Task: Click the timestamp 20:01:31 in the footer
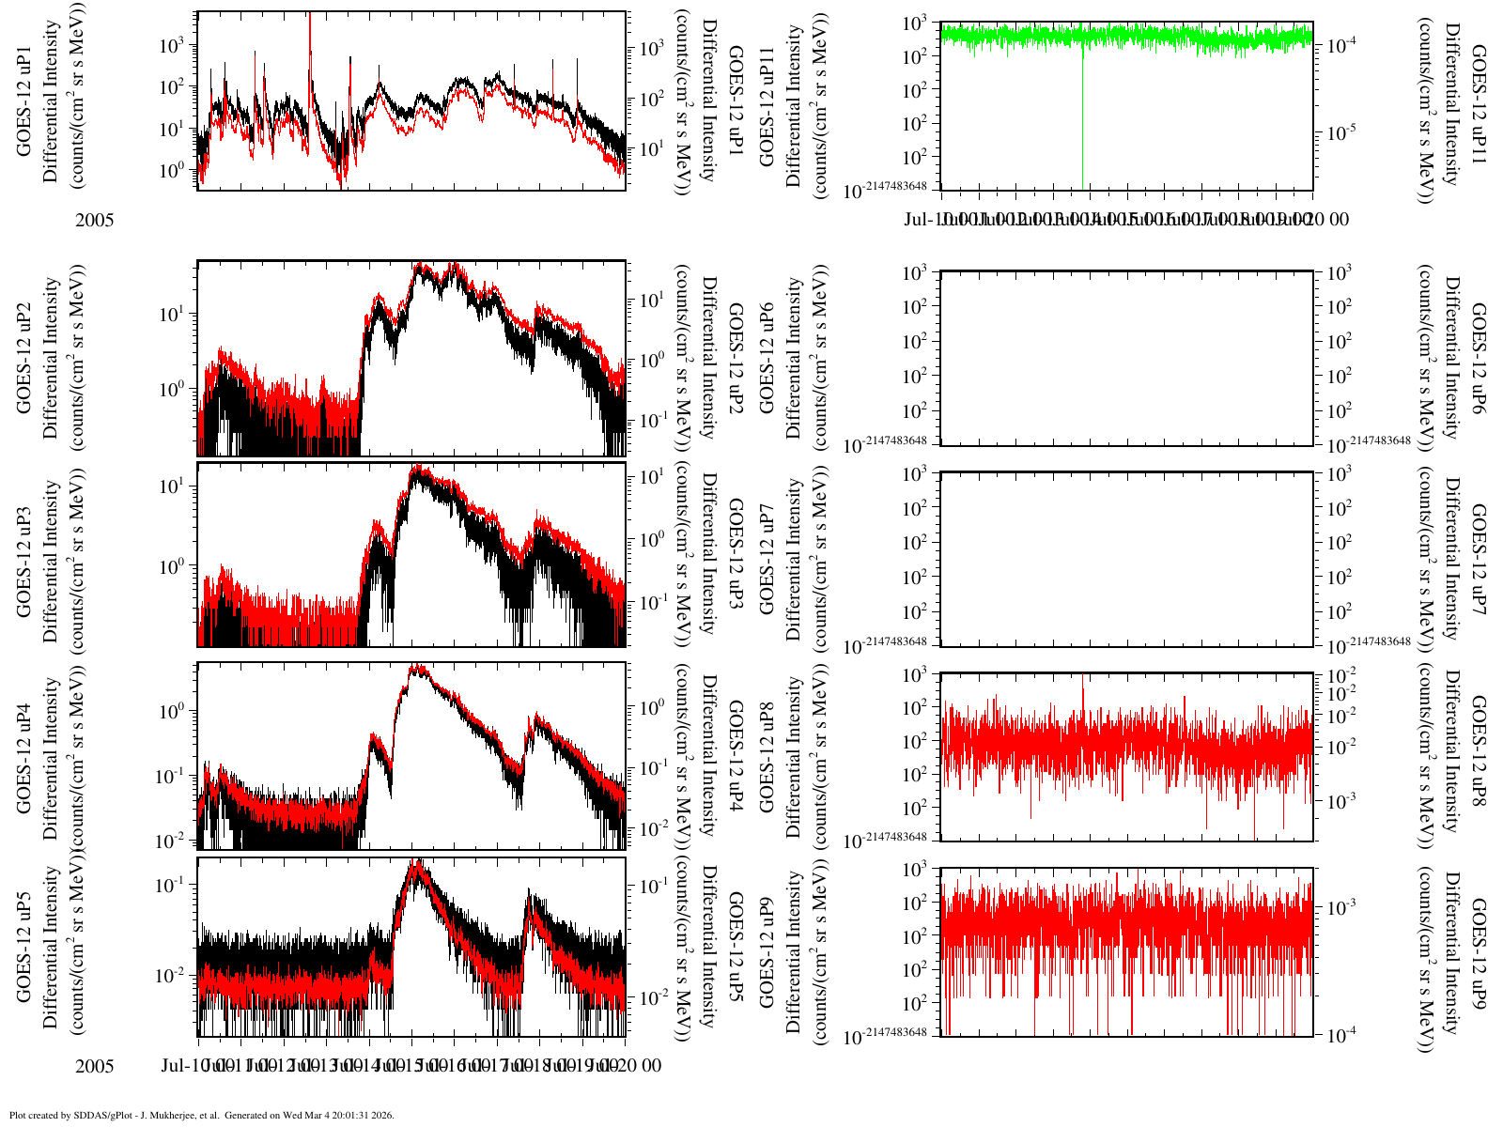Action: (349, 1116)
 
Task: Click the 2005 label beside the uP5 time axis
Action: (94, 1067)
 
